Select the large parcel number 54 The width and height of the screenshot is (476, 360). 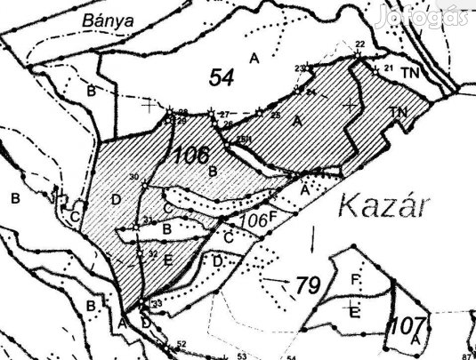click(x=221, y=78)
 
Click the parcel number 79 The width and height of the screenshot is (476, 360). click(x=306, y=286)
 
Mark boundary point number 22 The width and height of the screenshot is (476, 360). click(x=359, y=44)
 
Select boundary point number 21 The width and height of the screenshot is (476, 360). click(x=388, y=68)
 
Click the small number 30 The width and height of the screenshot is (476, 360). click(x=134, y=178)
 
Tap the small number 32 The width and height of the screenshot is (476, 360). click(x=153, y=254)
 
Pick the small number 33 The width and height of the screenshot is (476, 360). click(x=157, y=305)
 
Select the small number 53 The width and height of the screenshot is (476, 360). click(x=240, y=356)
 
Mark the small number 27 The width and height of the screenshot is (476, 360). click(x=224, y=114)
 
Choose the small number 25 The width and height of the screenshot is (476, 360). click(x=276, y=116)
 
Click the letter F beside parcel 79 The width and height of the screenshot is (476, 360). click(x=354, y=281)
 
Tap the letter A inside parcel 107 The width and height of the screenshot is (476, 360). click(x=415, y=340)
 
